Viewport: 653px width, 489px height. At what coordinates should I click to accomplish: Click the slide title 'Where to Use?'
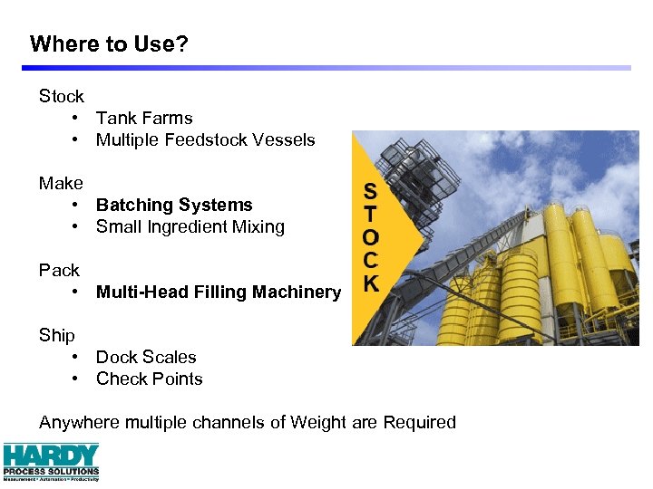coord(109,43)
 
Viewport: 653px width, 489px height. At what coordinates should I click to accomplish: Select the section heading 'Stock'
coord(61,96)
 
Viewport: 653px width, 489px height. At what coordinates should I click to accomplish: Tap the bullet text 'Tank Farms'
coord(144,118)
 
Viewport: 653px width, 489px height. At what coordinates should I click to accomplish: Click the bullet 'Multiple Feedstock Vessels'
coord(205,139)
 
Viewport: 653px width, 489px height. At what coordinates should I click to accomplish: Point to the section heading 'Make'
coord(61,183)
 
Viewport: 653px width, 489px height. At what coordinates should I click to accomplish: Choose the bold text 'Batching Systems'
coord(174,205)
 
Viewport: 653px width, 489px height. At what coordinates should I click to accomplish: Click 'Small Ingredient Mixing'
coord(190,226)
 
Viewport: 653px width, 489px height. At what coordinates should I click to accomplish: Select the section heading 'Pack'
coord(59,270)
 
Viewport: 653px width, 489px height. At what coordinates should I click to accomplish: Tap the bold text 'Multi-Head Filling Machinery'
coord(218,292)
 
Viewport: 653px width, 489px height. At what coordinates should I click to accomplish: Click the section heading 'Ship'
coord(56,335)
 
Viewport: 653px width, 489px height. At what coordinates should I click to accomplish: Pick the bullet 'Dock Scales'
coord(146,357)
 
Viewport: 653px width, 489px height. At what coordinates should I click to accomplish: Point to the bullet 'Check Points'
coord(149,379)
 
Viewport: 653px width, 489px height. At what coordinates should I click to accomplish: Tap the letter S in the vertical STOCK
coord(371,191)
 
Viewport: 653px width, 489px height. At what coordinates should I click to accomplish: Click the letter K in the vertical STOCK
coord(371,283)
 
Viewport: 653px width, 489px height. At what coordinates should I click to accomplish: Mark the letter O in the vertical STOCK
coord(371,237)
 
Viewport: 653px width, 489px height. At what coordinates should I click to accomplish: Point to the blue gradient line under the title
coord(326,68)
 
